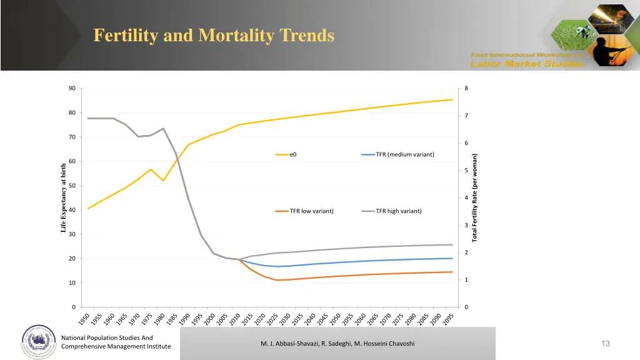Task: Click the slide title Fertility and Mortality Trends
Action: [214, 36]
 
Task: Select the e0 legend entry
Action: [293, 155]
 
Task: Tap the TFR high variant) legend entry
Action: [398, 211]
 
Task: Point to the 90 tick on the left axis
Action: [72, 88]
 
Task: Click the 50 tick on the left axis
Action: [72, 186]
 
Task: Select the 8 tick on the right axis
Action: [466, 88]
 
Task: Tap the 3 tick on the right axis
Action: [466, 225]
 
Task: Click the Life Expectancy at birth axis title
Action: [63, 197]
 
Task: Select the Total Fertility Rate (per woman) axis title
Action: [475, 197]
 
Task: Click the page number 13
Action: [605, 343]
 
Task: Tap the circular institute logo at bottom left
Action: [39, 341]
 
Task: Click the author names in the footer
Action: [337, 344]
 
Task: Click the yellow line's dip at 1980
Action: [163, 180]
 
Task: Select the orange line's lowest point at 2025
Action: [276, 280]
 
